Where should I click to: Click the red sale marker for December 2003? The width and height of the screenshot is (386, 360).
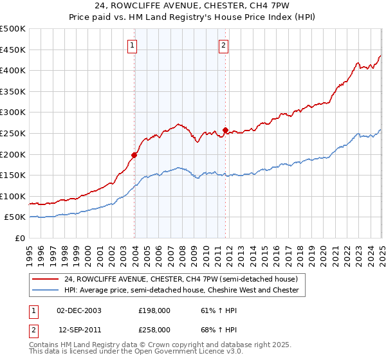click(x=134, y=155)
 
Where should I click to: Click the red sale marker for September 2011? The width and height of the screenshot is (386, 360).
click(x=226, y=130)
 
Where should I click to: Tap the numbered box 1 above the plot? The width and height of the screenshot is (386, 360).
click(x=132, y=45)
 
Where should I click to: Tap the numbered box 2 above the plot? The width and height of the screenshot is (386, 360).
click(x=223, y=45)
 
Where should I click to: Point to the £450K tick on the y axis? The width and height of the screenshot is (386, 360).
click(x=14, y=50)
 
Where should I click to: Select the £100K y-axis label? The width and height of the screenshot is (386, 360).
click(x=14, y=196)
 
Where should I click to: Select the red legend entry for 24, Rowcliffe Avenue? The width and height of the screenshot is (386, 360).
click(x=181, y=280)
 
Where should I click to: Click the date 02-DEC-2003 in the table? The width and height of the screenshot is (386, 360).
click(x=80, y=310)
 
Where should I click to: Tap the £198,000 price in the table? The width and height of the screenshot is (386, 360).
click(x=154, y=310)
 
